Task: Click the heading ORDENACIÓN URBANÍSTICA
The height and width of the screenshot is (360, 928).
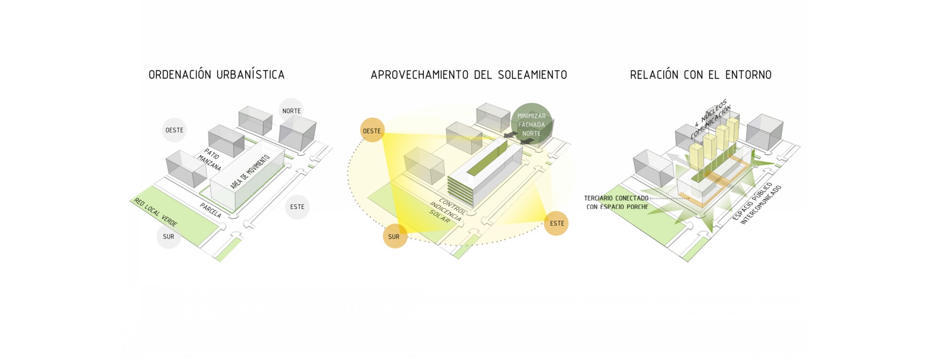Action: pyautogui.click(x=216, y=75)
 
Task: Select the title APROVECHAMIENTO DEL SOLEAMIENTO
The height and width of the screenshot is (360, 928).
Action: pyautogui.click(x=469, y=75)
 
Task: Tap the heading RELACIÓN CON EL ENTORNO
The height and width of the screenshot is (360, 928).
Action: pyautogui.click(x=700, y=75)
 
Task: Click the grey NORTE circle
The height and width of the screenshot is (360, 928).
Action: pyautogui.click(x=291, y=111)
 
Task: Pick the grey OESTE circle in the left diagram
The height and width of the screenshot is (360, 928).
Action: pyautogui.click(x=174, y=130)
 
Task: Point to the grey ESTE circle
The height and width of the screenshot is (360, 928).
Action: pyautogui.click(x=297, y=207)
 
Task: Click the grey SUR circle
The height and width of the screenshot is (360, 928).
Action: pyautogui.click(x=169, y=236)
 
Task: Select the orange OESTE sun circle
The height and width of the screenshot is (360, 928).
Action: pyautogui.click(x=372, y=130)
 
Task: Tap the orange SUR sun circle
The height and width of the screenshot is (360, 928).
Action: pyautogui.click(x=394, y=236)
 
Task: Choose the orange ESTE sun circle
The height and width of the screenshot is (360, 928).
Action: pyautogui.click(x=556, y=223)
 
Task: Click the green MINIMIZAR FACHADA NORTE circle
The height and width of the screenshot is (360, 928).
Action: pyautogui.click(x=531, y=124)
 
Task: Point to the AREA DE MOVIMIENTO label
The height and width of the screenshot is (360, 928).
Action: pyautogui.click(x=250, y=172)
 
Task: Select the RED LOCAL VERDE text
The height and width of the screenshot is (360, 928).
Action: pyautogui.click(x=156, y=212)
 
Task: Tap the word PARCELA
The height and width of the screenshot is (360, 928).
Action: pyautogui.click(x=211, y=211)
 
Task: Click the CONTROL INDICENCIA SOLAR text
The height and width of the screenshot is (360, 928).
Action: pyautogui.click(x=446, y=211)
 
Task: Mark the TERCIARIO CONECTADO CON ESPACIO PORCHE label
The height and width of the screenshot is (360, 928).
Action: pyautogui.click(x=617, y=202)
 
